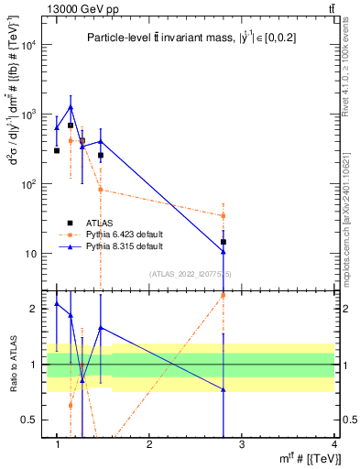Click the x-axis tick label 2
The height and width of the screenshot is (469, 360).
pyautogui.click(x=149, y=445)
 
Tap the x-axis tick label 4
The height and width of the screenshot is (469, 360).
pyautogui.click(x=333, y=445)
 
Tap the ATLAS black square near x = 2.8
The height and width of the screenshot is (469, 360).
pyautogui.click(x=224, y=242)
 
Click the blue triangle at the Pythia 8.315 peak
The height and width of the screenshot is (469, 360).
pyautogui.click(x=70, y=107)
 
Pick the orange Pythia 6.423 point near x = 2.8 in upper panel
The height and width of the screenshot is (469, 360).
pyautogui.click(x=224, y=216)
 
